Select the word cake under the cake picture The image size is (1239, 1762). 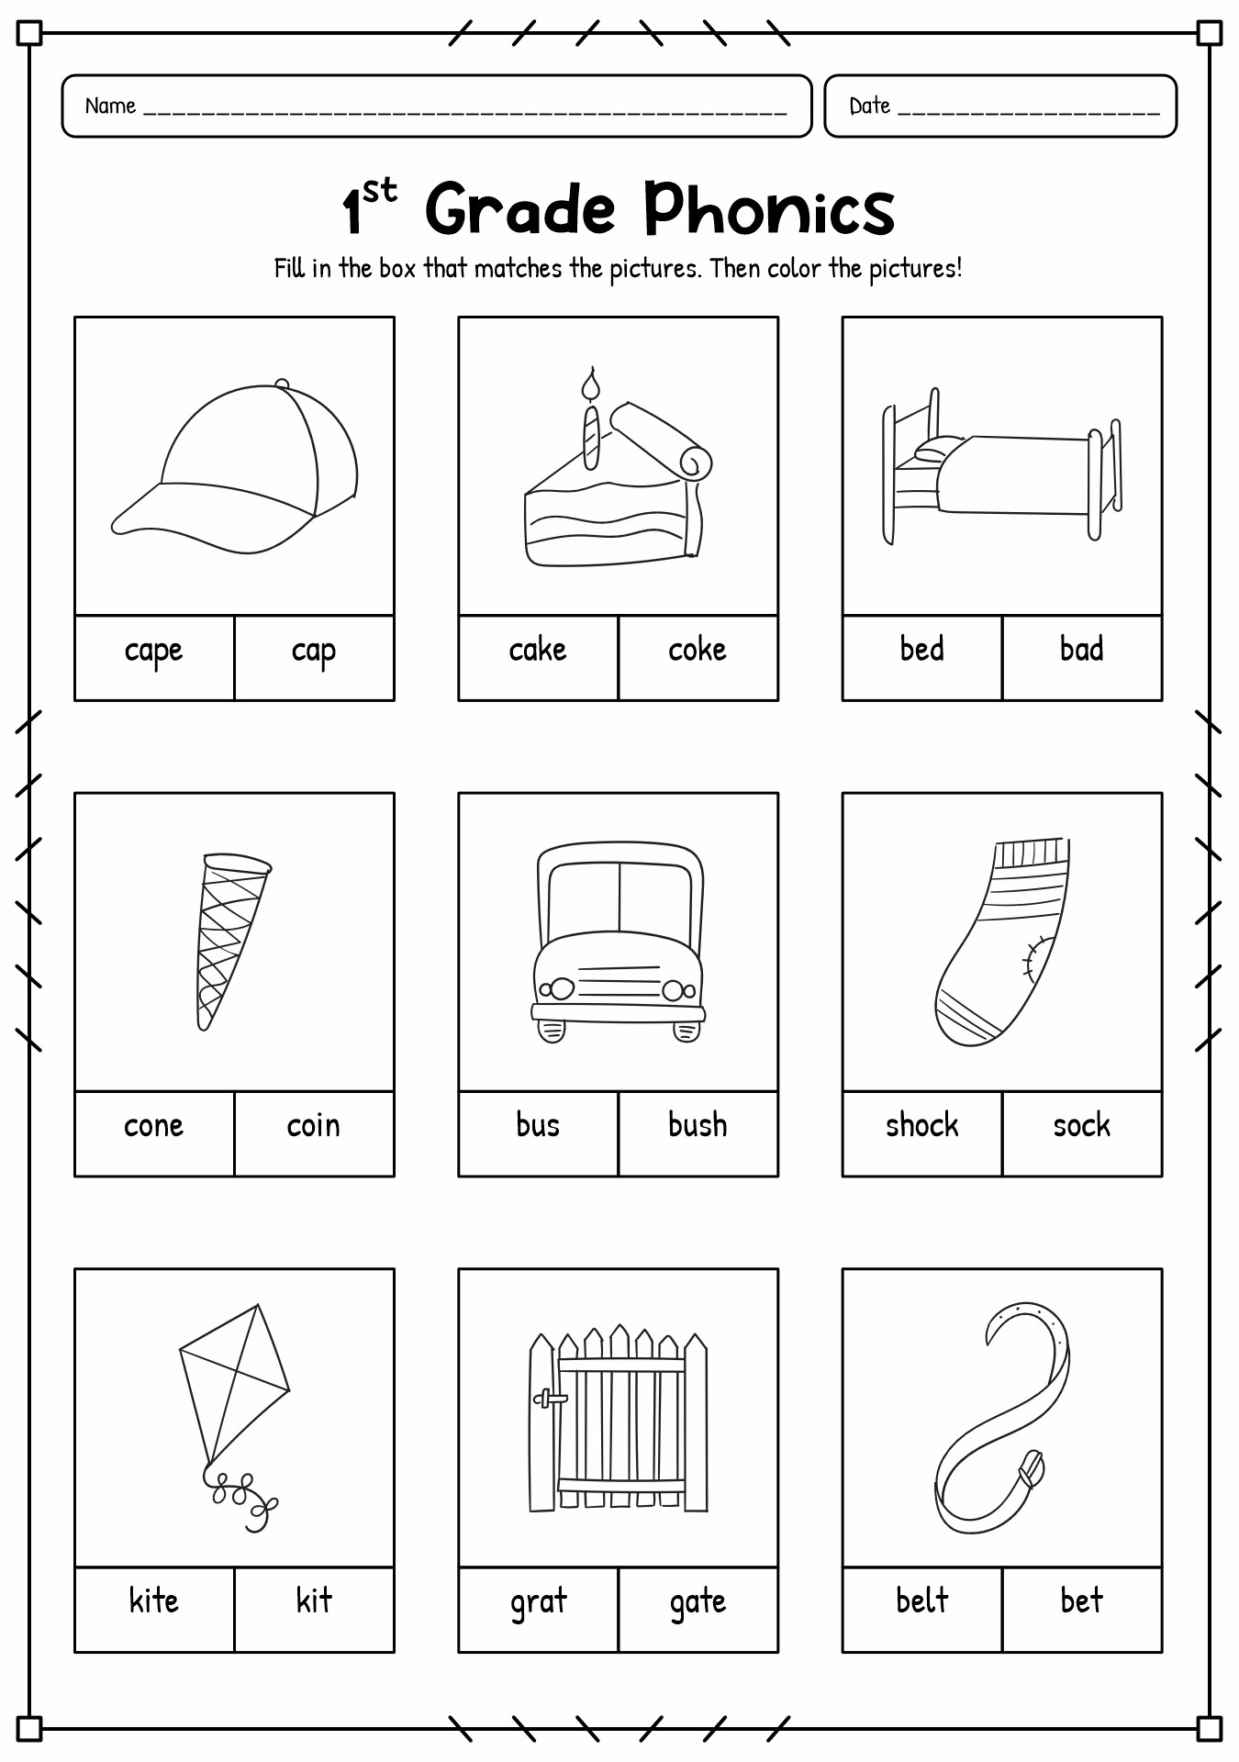coord(538,651)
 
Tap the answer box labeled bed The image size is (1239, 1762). coord(921,650)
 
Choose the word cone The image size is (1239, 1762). coord(153,1126)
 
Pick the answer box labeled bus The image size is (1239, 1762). coord(538,1126)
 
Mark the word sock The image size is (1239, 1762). coord(1081,1126)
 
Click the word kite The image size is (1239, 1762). coord(153,1601)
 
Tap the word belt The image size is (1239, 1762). coord(921,1601)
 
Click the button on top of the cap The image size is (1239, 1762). coord(282,384)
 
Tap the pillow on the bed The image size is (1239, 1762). coord(936,450)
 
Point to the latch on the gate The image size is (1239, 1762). coord(551,1399)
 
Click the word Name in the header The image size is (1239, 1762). coord(110,106)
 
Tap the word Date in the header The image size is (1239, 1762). coord(869,106)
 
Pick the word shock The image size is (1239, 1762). coord(921,1126)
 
